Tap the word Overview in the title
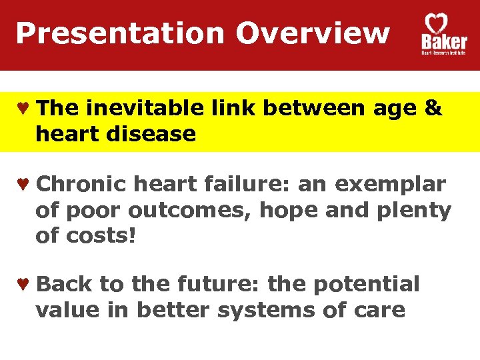click(312, 33)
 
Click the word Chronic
click(81, 185)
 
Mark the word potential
click(366, 285)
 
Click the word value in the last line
click(65, 310)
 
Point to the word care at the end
click(378, 310)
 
